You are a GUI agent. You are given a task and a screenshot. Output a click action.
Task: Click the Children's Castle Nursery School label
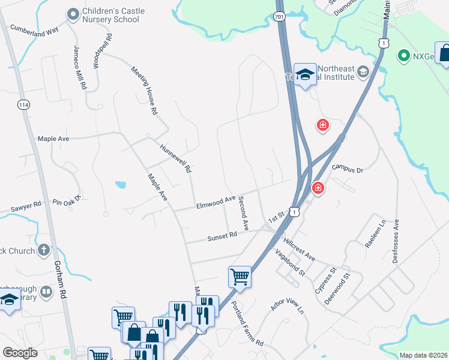[x=111, y=15]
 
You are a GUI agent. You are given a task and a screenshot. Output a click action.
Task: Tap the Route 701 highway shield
[x=280, y=17]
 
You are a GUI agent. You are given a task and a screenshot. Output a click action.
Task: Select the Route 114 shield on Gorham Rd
[x=23, y=104]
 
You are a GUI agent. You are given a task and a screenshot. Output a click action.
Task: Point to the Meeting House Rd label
[x=145, y=90]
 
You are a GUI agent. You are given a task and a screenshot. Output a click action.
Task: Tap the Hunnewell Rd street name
[x=175, y=158]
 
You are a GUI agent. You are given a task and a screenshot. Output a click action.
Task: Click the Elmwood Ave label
[x=215, y=202]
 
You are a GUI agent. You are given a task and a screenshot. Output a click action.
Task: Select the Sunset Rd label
[x=223, y=237]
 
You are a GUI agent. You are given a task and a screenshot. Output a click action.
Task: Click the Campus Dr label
[x=348, y=170]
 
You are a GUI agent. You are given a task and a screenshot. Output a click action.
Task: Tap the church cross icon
[x=43, y=250]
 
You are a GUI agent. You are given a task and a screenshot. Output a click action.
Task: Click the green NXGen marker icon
[x=404, y=56]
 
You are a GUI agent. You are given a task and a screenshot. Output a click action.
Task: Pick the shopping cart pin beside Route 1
[x=240, y=276]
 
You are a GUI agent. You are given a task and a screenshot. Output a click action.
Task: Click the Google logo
[x=19, y=353]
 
